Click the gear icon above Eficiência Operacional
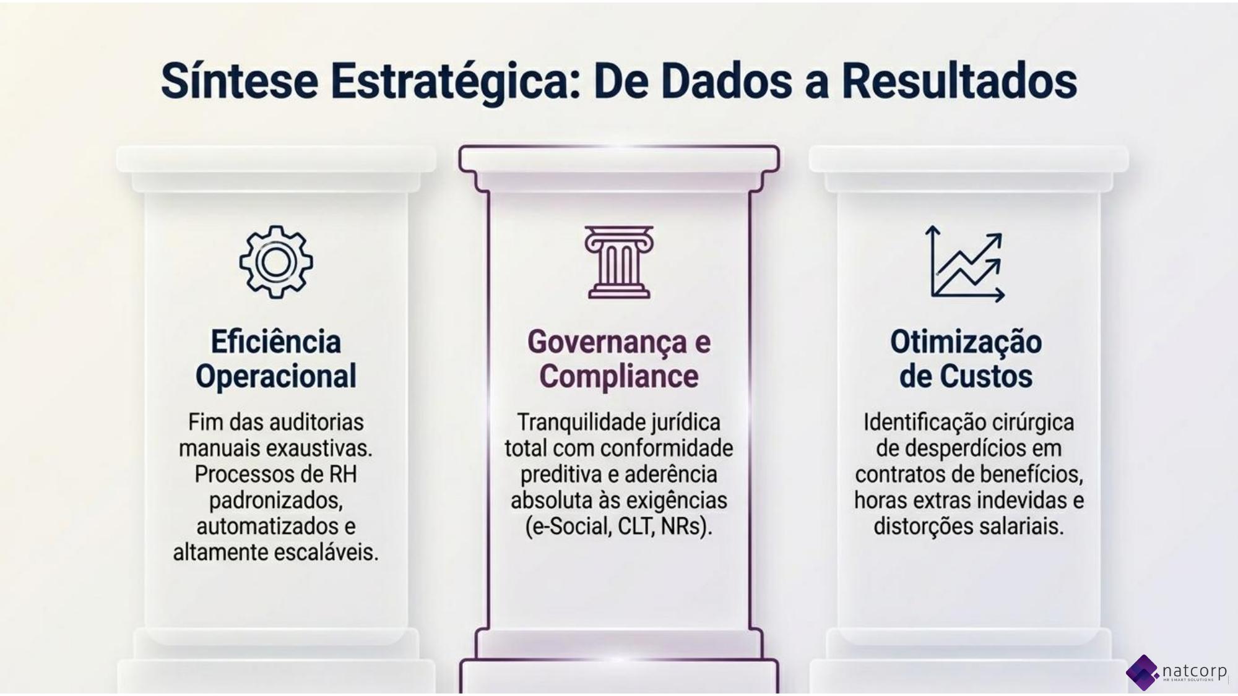[276, 262]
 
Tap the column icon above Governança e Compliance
[619, 262]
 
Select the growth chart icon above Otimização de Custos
[965, 264]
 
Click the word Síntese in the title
[240, 81]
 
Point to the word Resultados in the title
[959, 81]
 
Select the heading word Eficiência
[276, 342]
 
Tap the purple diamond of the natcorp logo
[1143, 672]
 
